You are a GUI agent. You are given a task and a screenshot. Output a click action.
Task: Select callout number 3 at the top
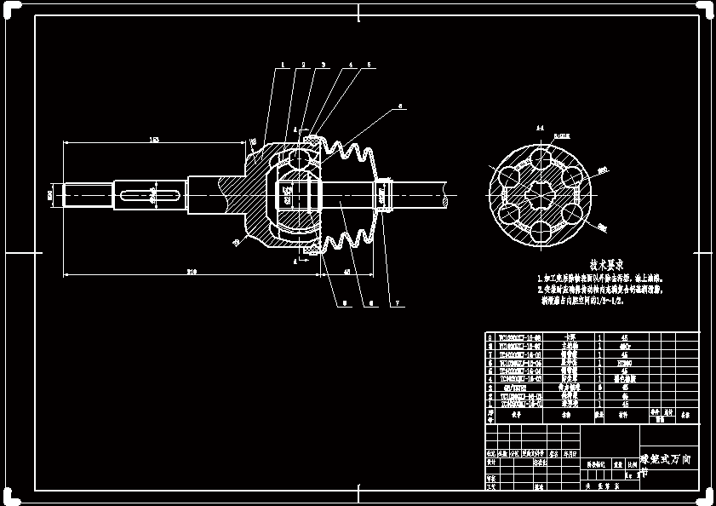324,65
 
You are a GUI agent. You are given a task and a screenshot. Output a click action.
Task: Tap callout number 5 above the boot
369,65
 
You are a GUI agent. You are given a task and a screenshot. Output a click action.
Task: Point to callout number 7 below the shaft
397,304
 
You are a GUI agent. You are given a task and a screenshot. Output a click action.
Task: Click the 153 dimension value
154,140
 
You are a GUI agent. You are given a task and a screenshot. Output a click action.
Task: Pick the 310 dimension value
192,272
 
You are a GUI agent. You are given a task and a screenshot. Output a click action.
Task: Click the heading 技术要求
607,265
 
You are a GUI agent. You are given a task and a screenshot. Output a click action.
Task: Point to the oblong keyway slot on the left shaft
152,195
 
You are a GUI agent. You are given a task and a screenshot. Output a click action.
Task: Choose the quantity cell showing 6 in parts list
600,385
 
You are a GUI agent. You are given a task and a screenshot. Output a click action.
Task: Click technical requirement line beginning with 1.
600,279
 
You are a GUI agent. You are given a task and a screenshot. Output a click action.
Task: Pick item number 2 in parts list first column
490,395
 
